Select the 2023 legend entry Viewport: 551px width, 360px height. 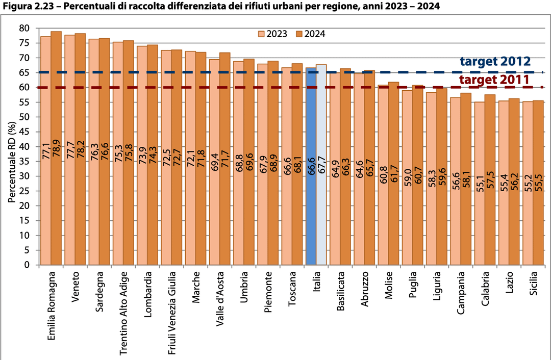(x=272, y=34)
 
